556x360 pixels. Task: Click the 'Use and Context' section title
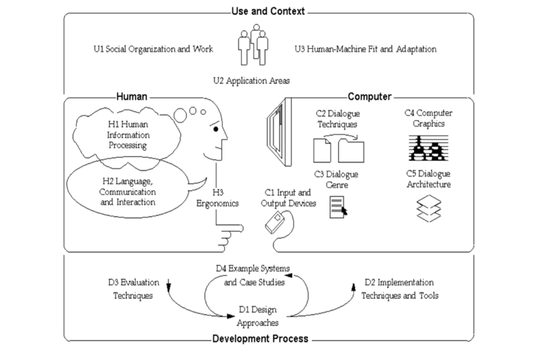coord(268,11)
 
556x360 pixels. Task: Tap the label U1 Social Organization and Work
coord(153,49)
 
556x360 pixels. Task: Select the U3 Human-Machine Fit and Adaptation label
coord(365,49)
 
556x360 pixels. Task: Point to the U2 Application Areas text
coord(251,81)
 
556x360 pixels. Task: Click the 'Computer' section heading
coord(369,97)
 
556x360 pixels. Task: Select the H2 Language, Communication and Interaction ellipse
coord(128,192)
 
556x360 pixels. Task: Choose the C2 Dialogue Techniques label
coord(337,118)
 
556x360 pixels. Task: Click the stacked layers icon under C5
coord(428,209)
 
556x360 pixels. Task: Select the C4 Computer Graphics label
coord(428,118)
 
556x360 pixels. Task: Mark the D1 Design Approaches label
coord(259,315)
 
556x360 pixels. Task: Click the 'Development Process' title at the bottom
coord(260,339)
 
